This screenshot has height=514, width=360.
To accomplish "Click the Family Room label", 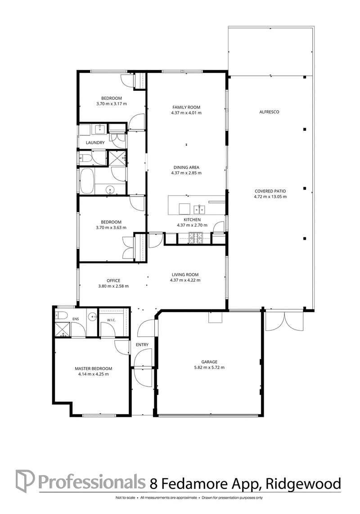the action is click(x=186, y=107).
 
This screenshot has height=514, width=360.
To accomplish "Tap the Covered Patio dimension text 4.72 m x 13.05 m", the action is click(x=270, y=197).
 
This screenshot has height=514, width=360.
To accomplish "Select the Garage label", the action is click(x=209, y=362).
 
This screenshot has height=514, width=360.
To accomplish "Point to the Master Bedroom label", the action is click(x=93, y=368).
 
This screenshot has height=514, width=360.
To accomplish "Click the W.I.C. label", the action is click(x=112, y=320).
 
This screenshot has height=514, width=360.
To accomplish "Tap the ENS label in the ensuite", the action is click(x=76, y=318).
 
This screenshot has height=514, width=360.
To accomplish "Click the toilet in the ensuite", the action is click(x=61, y=315).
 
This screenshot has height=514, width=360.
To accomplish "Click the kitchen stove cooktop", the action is click(x=196, y=238).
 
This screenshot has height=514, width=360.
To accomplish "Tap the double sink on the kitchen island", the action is click(x=199, y=209).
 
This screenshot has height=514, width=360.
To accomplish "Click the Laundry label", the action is click(x=95, y=143).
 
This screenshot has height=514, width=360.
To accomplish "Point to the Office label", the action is click(x=113, y=281).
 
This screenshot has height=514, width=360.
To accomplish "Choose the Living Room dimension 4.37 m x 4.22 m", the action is click(x=185, y=280).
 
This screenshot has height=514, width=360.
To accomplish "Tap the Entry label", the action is click(x=142, y=344).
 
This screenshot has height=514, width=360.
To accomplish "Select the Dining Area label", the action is click(x=186, y=167).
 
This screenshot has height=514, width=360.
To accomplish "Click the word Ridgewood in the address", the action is click(x=303, y=484).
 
